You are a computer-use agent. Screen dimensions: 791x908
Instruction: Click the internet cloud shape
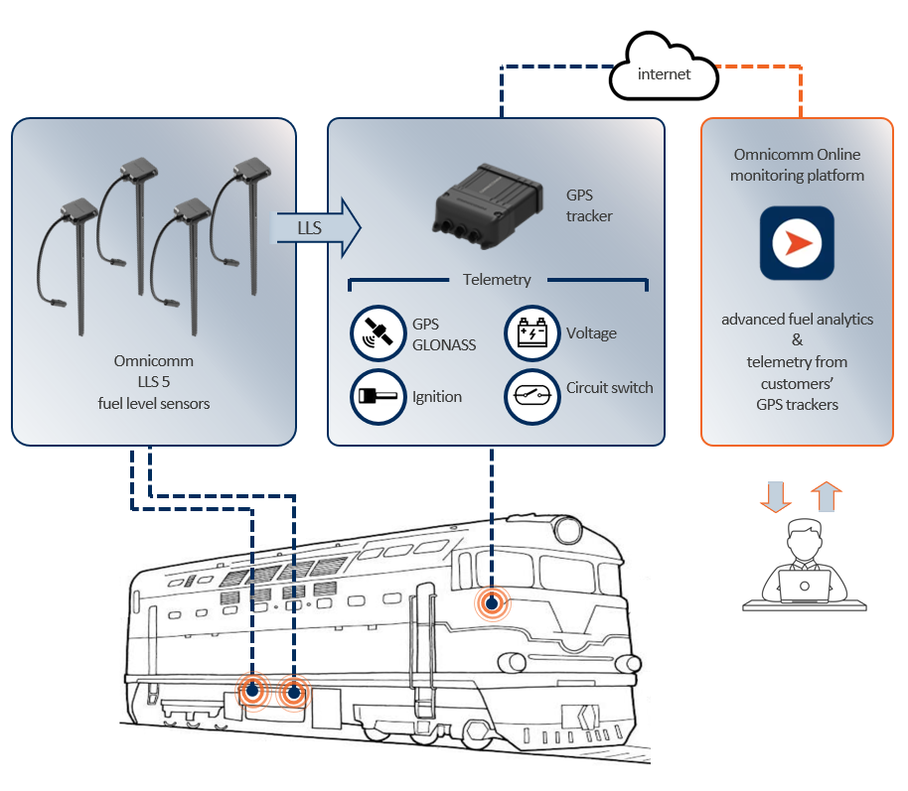click(x=663, y=70)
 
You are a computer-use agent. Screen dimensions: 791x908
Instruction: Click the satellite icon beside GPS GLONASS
click(x=378, y=334)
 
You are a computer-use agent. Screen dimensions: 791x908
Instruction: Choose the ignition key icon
click(x=378, y=396)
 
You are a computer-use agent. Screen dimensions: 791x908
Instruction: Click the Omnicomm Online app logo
click(x=797, y=243)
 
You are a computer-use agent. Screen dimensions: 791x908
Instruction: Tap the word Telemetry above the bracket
click(x=497, y=280)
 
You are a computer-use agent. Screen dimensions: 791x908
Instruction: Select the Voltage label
click(x=591, y=333)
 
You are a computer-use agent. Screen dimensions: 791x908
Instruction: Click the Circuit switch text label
click(x=609, y=387)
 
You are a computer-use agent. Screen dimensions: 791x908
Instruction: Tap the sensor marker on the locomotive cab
click(x=491, y=602)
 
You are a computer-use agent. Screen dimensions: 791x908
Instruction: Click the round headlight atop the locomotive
click(x=567, y=531)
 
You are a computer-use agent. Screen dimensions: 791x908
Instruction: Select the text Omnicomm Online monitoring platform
click(x=797, y=165)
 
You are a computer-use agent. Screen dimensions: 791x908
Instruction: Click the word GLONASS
click(x=444, y=344)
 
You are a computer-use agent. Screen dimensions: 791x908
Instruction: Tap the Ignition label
click(x=437, y=397)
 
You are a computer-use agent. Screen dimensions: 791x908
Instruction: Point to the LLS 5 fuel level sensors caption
click(x=154, y=383)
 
